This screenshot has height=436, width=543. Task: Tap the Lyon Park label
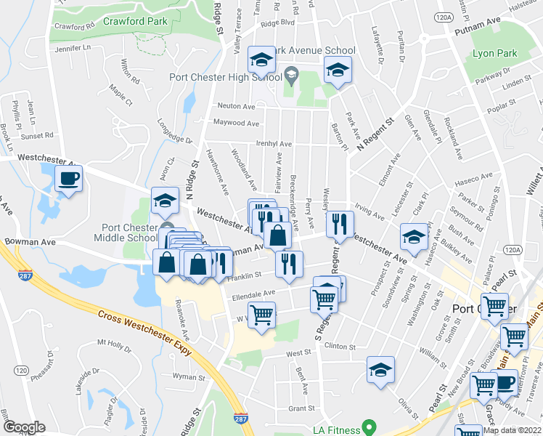(494, 54)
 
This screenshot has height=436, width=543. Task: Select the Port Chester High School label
(225, 78)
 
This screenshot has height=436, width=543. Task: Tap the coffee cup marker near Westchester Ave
(69, 178)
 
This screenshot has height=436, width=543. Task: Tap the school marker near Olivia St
(380, 369)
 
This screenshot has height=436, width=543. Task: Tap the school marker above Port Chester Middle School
(166, 201)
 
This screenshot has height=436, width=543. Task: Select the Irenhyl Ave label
(274, 144)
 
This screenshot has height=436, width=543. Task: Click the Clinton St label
(340, 347)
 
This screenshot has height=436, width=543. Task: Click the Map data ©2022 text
(512, 430)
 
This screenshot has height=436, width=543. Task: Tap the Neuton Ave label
(233, 105)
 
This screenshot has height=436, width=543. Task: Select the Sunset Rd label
(38, 135)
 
